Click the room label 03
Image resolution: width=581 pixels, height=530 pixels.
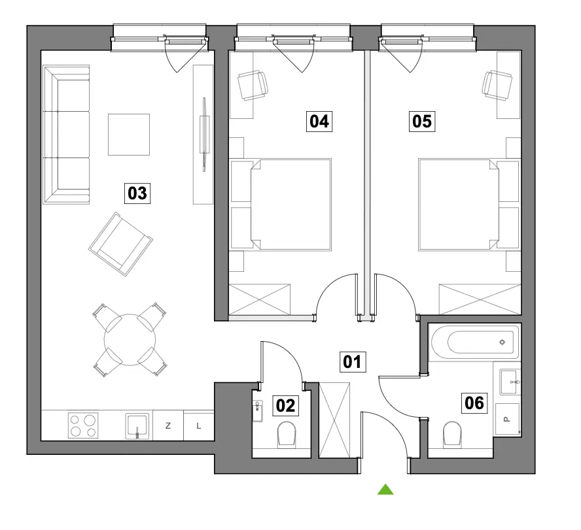point(137,193)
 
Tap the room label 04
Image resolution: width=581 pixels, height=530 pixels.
point(319,122)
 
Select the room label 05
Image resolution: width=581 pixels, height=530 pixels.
point(422,122)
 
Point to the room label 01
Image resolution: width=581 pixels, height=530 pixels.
point(353,361)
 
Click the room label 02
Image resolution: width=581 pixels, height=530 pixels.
point(286,405)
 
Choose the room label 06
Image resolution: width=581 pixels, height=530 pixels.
point(474,403)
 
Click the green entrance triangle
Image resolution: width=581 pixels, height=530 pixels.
point(385,489)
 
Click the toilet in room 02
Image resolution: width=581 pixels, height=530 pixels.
point(287,434)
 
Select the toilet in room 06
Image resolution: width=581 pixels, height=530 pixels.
point(452,433)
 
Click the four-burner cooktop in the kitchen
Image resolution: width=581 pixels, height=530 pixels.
point(83,425)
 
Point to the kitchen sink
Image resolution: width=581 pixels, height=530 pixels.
point(137,426)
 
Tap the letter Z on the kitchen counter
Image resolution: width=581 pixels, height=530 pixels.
point(168,426)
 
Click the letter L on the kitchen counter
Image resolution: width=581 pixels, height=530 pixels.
point(199,426)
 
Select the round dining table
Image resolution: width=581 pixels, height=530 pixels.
point(130,340)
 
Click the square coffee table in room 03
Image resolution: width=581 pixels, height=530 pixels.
point(129,135)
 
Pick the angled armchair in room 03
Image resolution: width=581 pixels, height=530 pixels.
point(120,244)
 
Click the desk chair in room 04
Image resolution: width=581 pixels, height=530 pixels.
point(253,86)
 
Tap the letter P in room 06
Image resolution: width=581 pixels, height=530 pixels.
point(506,420)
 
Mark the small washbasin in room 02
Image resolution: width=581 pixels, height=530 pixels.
point(258,411)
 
